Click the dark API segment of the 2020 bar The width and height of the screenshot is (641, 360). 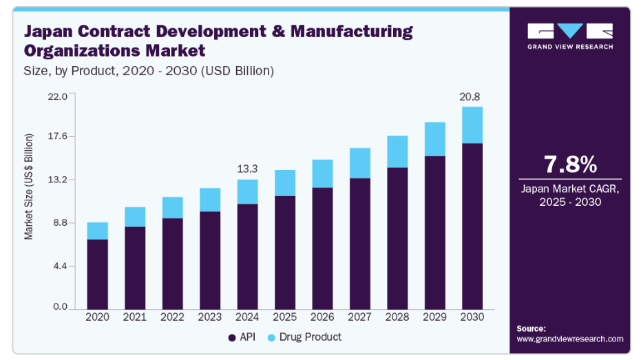(97, 273)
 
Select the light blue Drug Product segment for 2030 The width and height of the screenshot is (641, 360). (472, 125)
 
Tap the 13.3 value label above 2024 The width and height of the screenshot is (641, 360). (247, 169)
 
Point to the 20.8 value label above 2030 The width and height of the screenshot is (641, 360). (471, 96)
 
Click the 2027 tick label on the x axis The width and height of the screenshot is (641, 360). (359, 317)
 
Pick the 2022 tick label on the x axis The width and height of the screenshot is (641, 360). (172, 317)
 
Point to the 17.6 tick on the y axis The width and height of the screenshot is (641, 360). (57, 136)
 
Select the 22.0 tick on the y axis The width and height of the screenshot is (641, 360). (57, 96)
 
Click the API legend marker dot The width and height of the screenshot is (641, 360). (231, 337)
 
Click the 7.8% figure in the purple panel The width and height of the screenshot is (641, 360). (570, 165)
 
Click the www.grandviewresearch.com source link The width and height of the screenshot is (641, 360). (569, 339)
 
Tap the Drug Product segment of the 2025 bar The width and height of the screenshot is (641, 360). (284, 183)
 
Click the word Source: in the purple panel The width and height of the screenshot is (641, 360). (531, 328)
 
